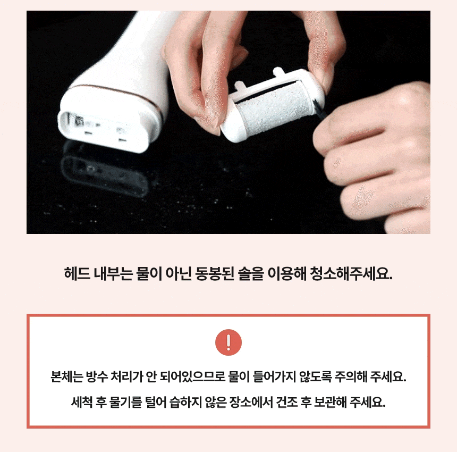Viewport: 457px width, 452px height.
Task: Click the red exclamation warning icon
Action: click(228, 342)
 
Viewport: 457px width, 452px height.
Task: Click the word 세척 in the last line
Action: click(82, 403)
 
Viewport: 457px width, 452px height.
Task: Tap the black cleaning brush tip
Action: click(318, 108)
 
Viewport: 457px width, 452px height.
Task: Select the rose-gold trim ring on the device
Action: click(116, 92)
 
